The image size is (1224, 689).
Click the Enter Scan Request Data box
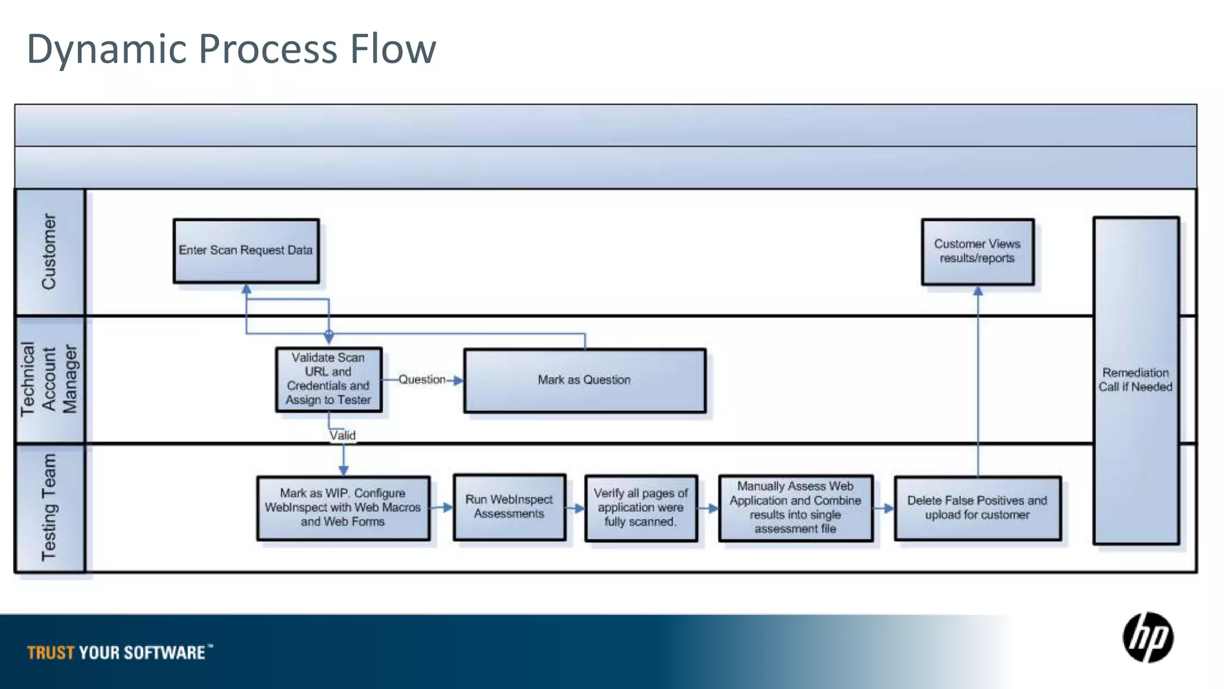(x=246, y=251)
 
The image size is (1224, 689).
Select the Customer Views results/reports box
(x=977, y=251)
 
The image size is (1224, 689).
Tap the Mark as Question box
(x=585, y=380)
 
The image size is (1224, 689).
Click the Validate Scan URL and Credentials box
(x=328, y=379)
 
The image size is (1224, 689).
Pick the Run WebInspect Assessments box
(x=509, y=507)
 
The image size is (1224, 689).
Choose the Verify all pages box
(x=641, y=508)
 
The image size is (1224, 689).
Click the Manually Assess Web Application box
(x=795, y=508)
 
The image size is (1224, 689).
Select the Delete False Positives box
(x=977, y=508)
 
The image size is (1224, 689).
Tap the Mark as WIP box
(x=343, y=508)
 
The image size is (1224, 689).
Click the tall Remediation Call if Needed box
(x=1136, y=380)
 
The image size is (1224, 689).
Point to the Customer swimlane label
(x=49, y=252)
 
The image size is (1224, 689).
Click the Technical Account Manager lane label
(x=49, y=379)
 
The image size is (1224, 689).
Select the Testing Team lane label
(x=49, y=508)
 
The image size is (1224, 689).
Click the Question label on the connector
(x=422, y=380)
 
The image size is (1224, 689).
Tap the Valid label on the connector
(x=342, y=435)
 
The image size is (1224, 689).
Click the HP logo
(x=1147, y=638)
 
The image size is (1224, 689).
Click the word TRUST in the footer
(x=51, y=653)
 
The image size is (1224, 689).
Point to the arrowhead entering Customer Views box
(x=978, y=291)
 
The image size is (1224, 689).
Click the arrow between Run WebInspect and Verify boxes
(x=576, y=508)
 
